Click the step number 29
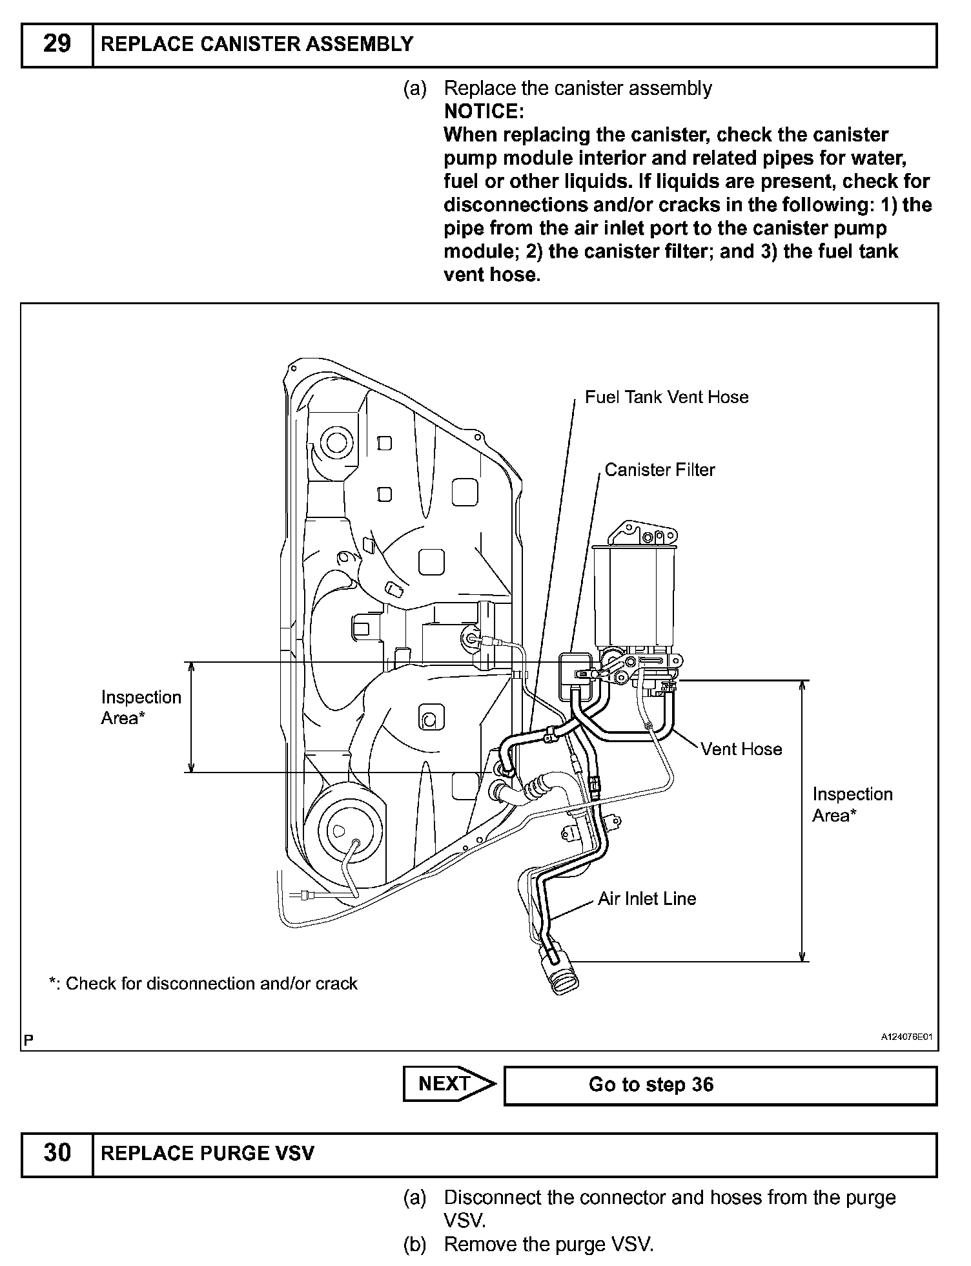point(57,45)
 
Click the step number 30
point(57,1153)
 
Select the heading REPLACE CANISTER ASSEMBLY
point(258,45)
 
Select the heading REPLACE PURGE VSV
point(207,1153)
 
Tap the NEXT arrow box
point(448,1084)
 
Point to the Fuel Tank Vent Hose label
point(666,397)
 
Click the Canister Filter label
point(659,470)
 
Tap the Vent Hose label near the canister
point(741,749)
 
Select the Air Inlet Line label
point(646,898)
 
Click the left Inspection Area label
point(141,707)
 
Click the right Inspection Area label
point(852,804)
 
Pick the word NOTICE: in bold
point(484,112)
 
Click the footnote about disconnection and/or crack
point(203,983)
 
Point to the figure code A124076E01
point(906,1037)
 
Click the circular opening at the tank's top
point(336,442)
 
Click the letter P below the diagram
point(28,1039)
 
